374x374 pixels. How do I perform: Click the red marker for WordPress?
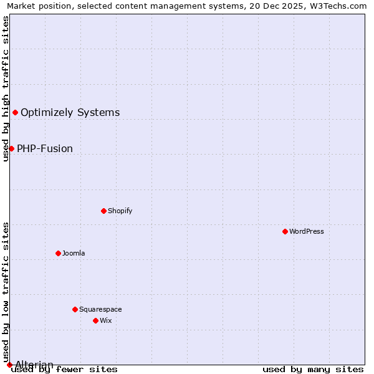(x=285, y=231)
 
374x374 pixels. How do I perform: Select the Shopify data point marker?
(x=103, y=211)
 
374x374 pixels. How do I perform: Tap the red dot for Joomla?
(x=58, y=253)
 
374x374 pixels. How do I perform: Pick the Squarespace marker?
(x=75, y=309)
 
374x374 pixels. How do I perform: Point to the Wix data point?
(x=95, y=320)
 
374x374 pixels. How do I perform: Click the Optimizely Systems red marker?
(x=15, y=112)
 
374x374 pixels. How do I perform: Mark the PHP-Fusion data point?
(x=11, y=148)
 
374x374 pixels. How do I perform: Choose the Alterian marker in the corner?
(x=9, y=365)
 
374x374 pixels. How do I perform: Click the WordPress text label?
(x=307, y=231)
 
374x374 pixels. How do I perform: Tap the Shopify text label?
(x=120, y=211)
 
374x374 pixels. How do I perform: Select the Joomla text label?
(x=74, y=253)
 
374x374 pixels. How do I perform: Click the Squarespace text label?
(x=100, y=309)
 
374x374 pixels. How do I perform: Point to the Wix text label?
(x=106, y=320)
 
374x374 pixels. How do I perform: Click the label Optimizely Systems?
(x=70, y=112)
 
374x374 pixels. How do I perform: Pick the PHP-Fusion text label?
(x=45, y=148)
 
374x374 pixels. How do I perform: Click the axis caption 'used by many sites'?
(x=313, y=370)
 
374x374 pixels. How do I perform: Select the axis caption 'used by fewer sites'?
(x=65, y=370)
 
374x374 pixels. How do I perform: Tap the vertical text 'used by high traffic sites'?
(x=6, y=89)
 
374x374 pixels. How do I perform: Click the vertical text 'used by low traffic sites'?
(x=6, y=292)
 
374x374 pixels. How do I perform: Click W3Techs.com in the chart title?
(x=342, y=6)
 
